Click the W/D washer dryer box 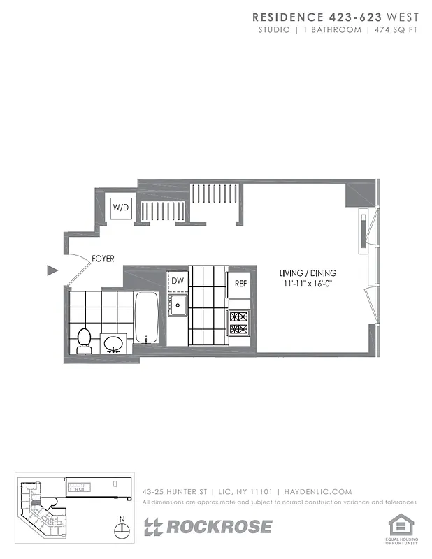click(121, 208)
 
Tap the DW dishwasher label click(178, 281)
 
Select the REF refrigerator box click(240, 284)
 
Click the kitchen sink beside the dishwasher click(178, 305)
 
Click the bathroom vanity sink click(114, 344)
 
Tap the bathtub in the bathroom click(147, 317)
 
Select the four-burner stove click(239, 321)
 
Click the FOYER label click(103, 259)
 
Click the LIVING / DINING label click(308, 273)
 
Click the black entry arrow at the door click(51, 270)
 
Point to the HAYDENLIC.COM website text click(319, 492)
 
